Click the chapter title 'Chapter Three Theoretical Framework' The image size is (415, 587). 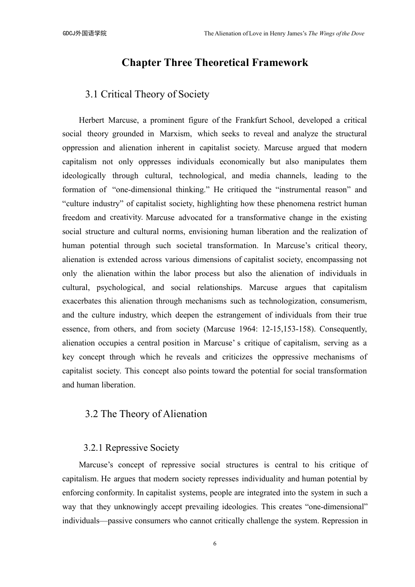point(214,63)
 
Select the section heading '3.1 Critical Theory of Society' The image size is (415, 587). point(147,94)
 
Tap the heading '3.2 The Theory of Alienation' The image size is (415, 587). point(146,414)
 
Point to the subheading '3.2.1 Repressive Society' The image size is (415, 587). point(131,448)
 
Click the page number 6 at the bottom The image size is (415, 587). point(214,544)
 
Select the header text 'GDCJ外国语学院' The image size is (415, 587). point(85,34)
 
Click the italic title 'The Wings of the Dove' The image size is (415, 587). point(336,34)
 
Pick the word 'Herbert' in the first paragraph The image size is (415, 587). point(91,121)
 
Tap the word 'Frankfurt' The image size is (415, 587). point(251,121)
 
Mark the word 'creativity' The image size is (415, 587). point(126,218)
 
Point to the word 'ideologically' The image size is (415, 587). point(84,176)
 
